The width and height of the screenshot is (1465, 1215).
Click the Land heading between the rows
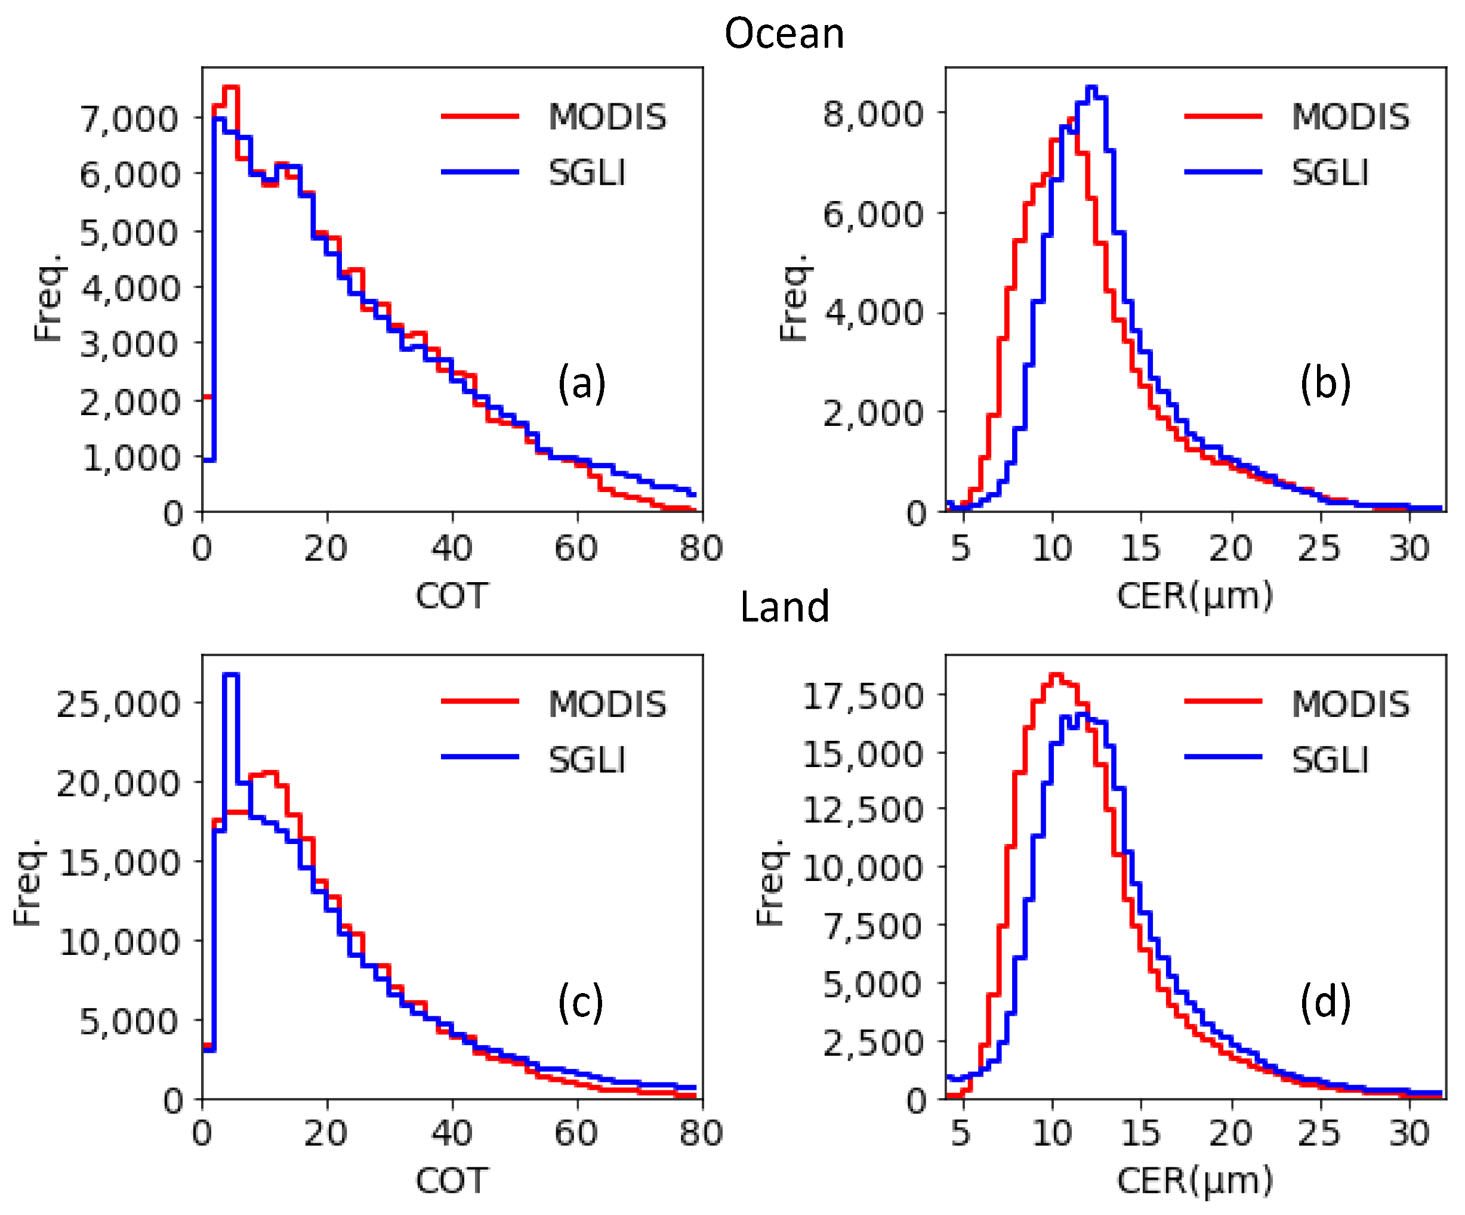[x=784, y=606]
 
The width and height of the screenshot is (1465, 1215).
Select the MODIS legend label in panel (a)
[x=607, y=116]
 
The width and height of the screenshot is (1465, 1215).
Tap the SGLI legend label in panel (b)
[x=1330, y=172]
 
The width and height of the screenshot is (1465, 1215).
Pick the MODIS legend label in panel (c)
[x=607, y=704]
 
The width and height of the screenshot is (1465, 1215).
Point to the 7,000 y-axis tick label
[x=129, y=119]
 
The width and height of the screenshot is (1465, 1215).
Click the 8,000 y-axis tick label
[x=872, y=113]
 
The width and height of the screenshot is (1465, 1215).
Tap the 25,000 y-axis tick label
[x=118, y=704]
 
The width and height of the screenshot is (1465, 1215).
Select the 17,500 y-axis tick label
[x=862, y=695]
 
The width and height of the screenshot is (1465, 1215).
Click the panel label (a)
[x=581, y=383]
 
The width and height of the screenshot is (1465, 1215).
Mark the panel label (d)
[x=1325, y=1002]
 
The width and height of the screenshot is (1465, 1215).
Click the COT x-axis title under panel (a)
[x=451, y=596]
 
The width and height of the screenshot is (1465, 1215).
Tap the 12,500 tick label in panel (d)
[x=862, y=810]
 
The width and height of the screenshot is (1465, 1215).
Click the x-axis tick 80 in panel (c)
[x=701, y=1133]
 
